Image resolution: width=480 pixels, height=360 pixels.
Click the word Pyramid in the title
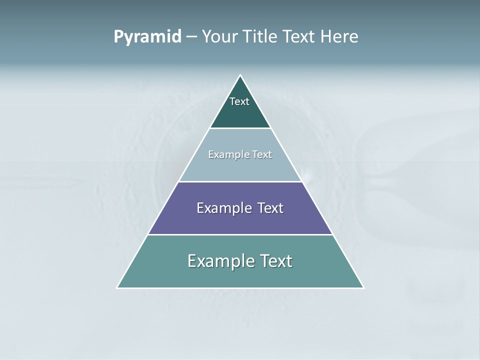[x=147, y=37]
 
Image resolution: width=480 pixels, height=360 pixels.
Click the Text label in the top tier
[x=239, y=101]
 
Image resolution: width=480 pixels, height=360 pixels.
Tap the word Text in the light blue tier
[x=262, y=154]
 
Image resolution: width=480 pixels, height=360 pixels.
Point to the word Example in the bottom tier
[x=215, y=261]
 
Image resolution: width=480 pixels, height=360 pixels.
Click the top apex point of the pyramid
[x=240, y=75]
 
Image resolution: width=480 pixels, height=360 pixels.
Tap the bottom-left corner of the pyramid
[x=117, y=287]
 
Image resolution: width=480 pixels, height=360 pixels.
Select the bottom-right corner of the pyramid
[x=363, y=287]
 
